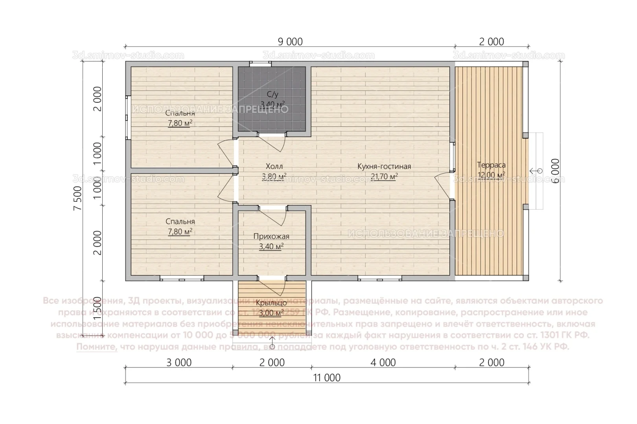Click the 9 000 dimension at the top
(290, 41)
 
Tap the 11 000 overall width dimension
(327, 378)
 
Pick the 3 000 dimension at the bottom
(179, 362)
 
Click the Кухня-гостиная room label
(384, 166)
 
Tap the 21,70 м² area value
(384, 177)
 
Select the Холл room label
(274, 166)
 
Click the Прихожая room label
(271, 236)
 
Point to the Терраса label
(491, 165)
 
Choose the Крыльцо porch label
(271, 303)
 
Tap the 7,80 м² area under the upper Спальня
(180, 123)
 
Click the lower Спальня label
(180, 221)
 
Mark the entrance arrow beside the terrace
(536, 171)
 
